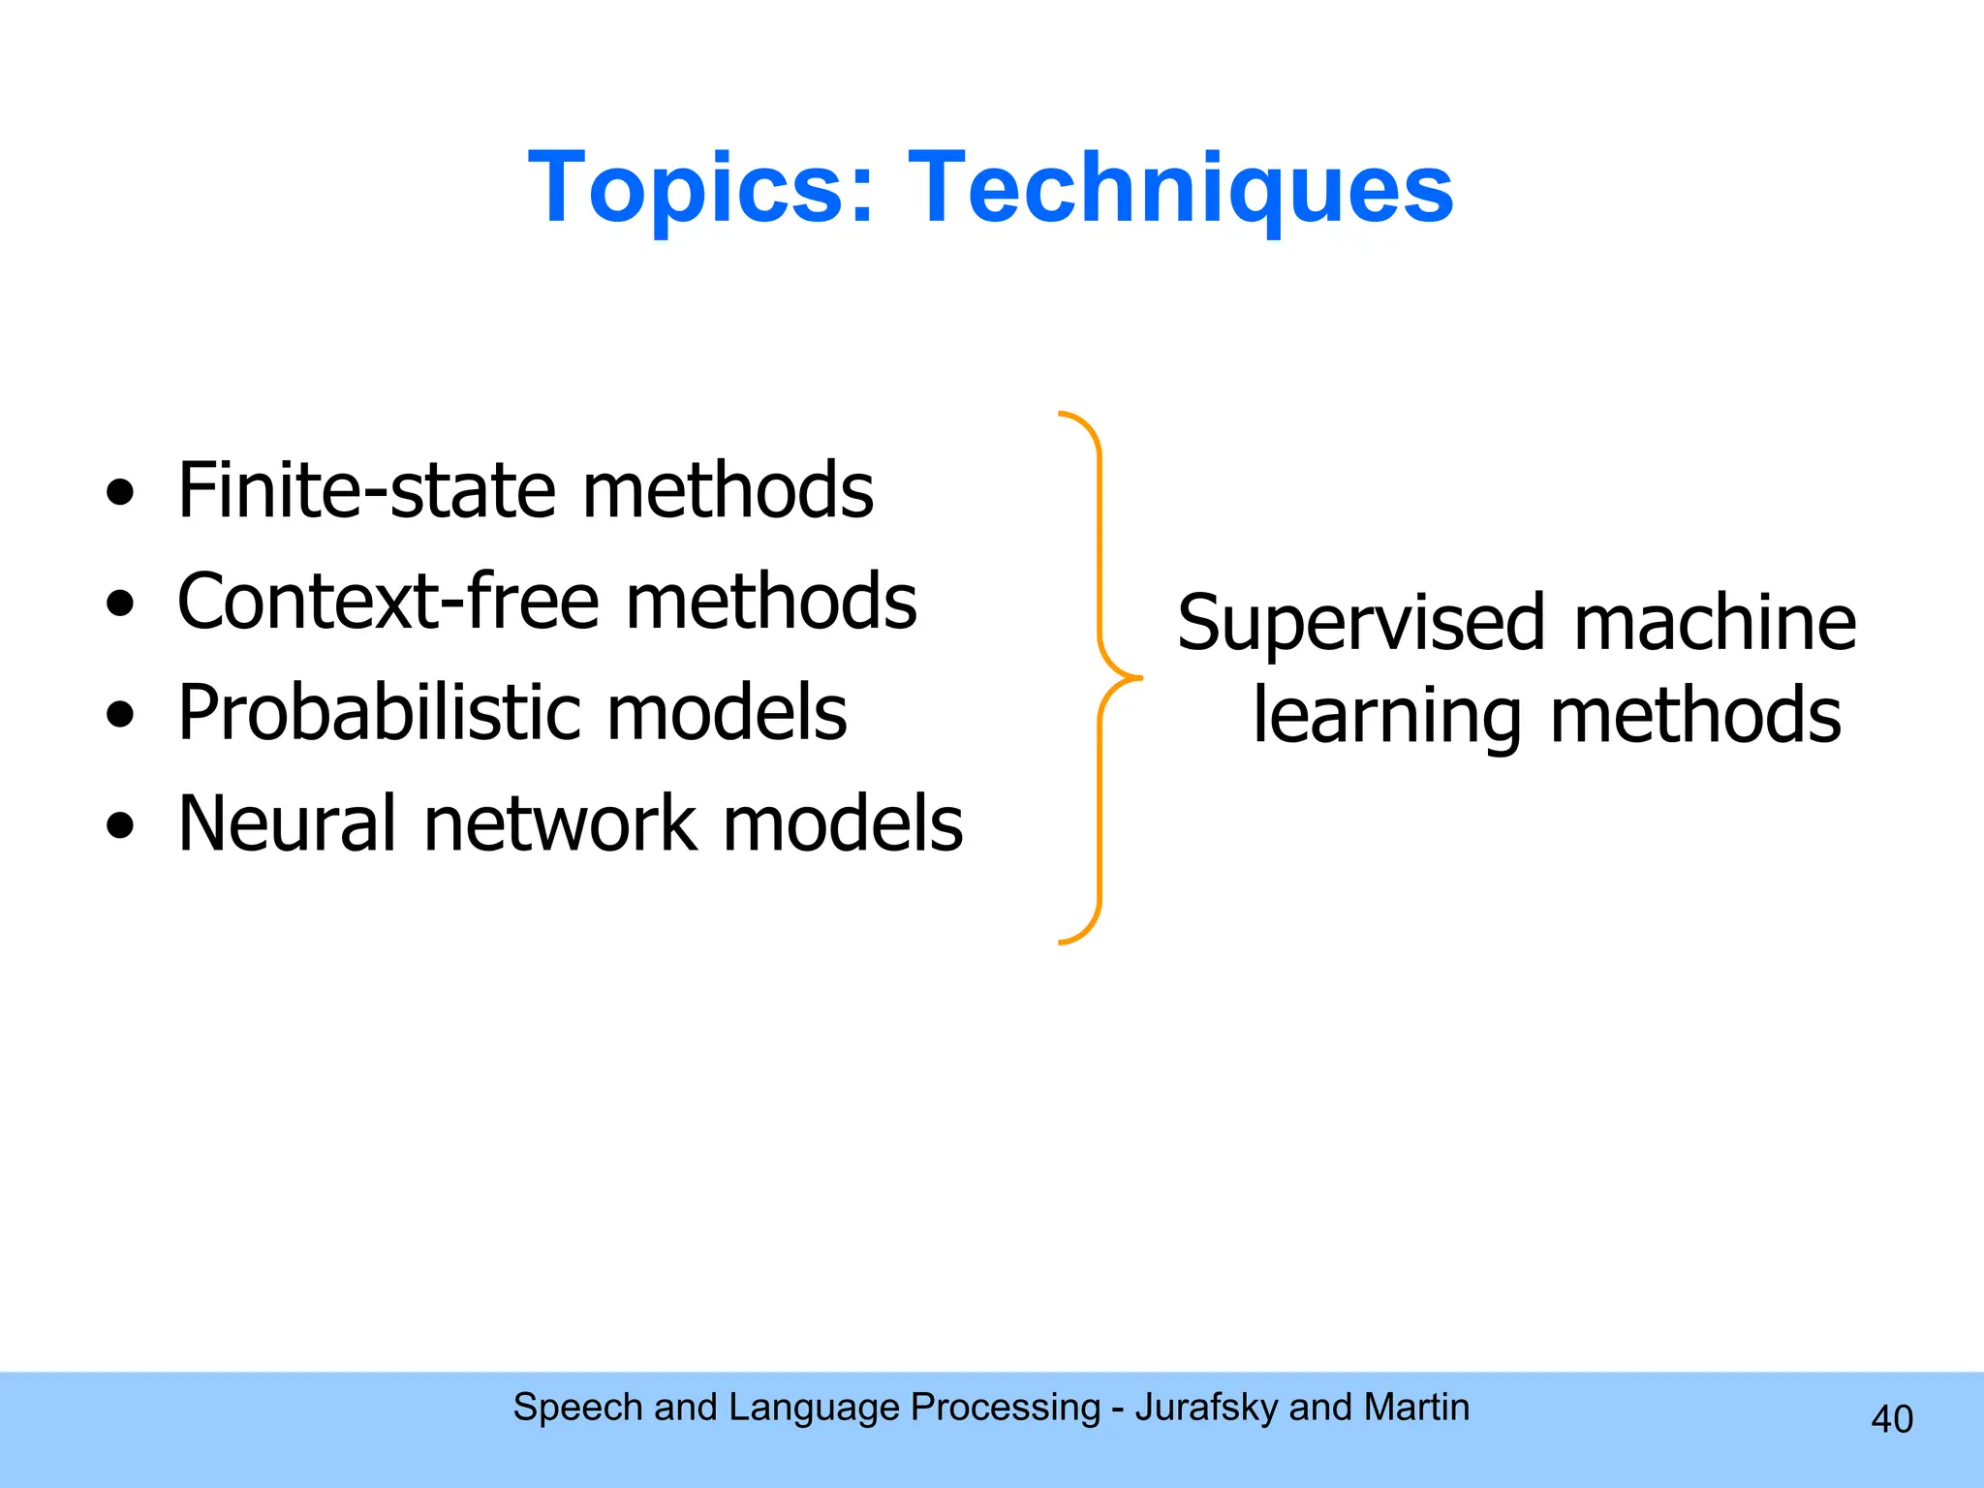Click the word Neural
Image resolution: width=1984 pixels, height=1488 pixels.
tap(287, 823)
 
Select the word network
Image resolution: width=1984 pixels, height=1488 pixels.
tap(560, 823)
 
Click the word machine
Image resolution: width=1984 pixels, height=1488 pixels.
tap(1715, 622)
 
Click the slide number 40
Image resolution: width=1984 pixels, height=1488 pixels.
tap(1891, 1419)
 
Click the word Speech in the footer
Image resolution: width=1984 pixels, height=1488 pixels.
tap(577, 1408)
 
